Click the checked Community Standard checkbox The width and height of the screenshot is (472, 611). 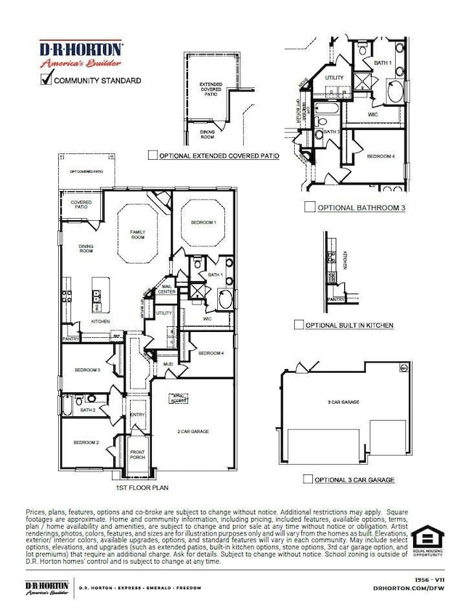pyautogui.click(x=46, y=78)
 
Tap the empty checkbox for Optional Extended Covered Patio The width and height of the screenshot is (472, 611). pyautogui.click(x=152, y=155)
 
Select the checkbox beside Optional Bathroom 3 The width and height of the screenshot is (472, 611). pyautogui.click(x=309, y=207)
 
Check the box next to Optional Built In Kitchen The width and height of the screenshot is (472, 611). pyautogui.click(x=298, y=325)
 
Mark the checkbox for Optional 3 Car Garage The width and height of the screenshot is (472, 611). pyautogui.click(x=309, y=480)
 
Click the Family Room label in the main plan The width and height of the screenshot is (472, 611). pyautogui.click(x=138, y=235)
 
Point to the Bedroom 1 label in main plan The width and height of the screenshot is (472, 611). pyautogui.click(x=203, y=222)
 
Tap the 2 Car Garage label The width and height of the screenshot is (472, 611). pyautogui.click(x=193, y=431)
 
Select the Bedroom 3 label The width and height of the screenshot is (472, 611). pyautogui.click(x=86, y=370)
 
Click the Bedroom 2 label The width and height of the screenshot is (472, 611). pyautogui.click(x=85, y=442)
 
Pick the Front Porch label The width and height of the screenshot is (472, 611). pyautogui.click(x=137, y=455)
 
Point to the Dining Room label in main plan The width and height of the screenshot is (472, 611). pyautogui.click(x=86, y=248)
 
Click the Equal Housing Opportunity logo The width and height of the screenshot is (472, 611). pyautogui.click(x=428, y=541)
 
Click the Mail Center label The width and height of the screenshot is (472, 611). pyautogui.click(x=167, y=290)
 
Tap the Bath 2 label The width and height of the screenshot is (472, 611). pyautogui.click(x=87, y=410)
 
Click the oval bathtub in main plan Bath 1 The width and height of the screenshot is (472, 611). pyautogui.click(x=225, y=299)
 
